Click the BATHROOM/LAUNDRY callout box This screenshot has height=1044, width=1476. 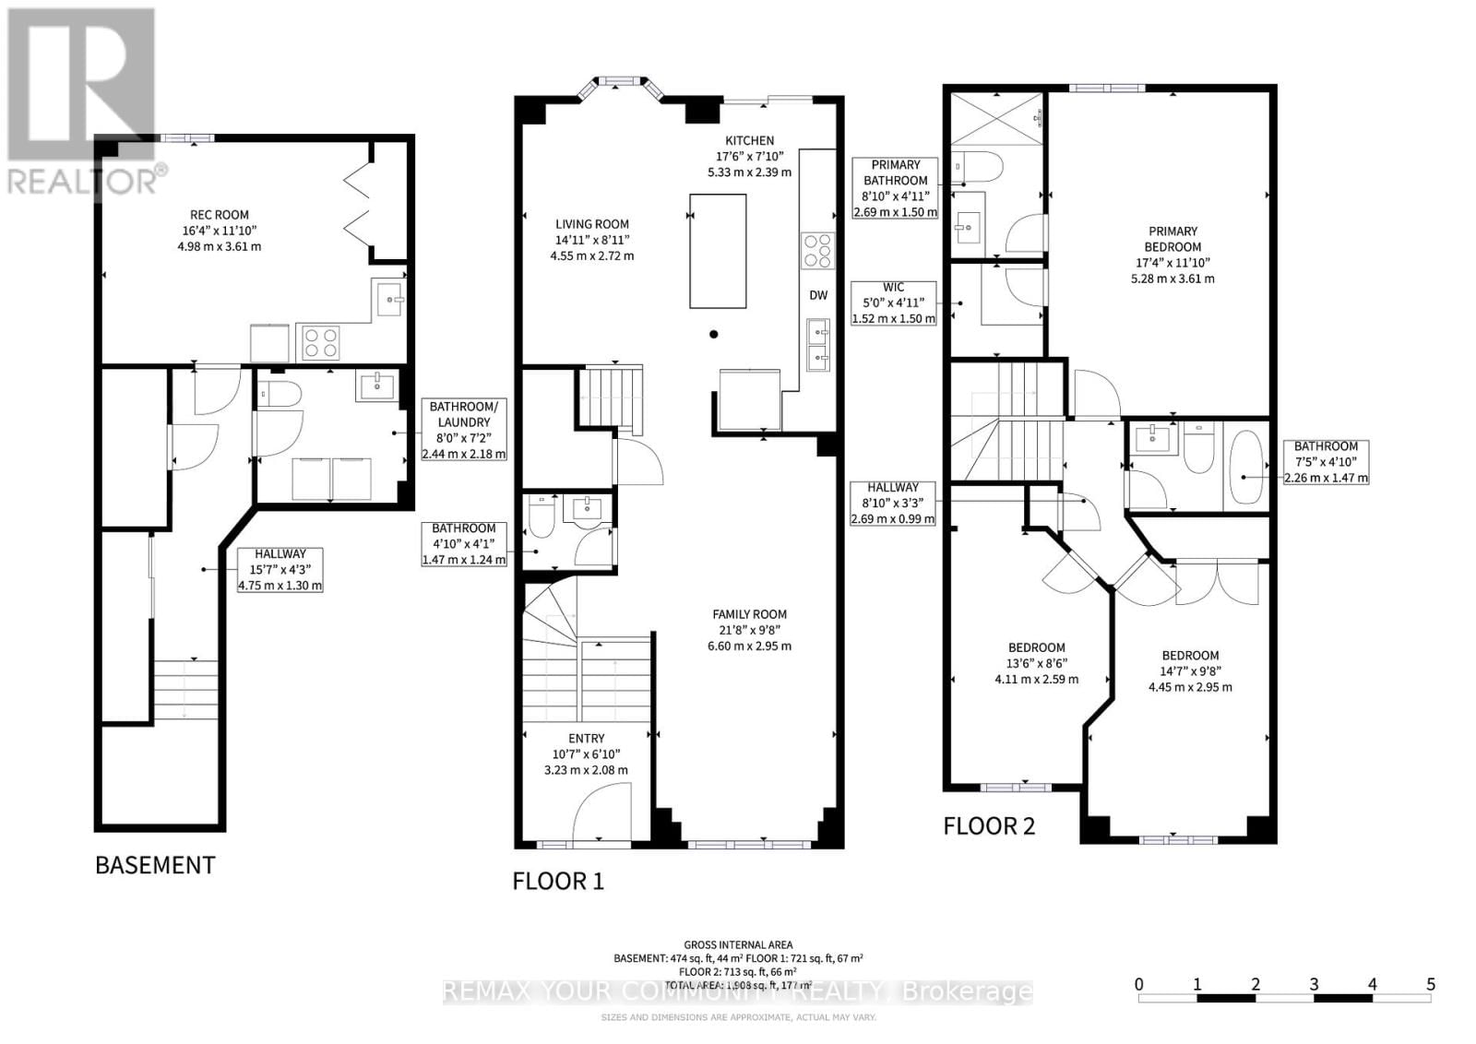(x=463, y=430)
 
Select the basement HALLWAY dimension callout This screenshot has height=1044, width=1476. (x=280, y=570)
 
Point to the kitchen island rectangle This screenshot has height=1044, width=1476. (x=718, y=250)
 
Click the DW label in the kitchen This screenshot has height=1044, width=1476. (x=818, y=295)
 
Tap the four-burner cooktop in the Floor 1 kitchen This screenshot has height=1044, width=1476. (x=817, y=250)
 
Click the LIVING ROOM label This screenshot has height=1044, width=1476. (x=591, y=224)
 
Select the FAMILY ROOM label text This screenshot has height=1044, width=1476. (x=749, y=614)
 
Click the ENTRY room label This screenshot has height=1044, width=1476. (x=586, y=739)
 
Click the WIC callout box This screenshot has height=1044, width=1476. (x=893, y=303)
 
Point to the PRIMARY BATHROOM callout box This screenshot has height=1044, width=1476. (x=895, y=188)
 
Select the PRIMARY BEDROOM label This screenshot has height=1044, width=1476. (x=1172, y=239)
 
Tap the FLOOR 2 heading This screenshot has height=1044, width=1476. (x=988, y=826)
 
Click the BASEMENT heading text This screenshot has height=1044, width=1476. (x=155, y=865)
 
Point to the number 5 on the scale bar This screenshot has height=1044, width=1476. (x=1430, y=984)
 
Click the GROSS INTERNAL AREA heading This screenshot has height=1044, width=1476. (x=738, y=944)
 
